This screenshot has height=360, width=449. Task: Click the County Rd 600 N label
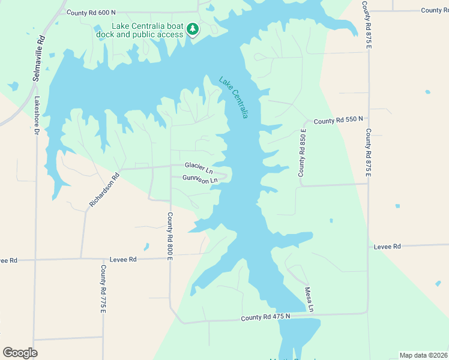coord(91,12)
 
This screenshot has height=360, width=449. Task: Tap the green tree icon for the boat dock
coord(193,29)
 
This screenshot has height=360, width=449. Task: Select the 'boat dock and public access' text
coord(140,34)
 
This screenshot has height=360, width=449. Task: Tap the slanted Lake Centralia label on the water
coord(234,97)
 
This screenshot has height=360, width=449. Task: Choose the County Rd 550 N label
coord(338,121)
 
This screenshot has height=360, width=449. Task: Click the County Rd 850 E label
coord(303,152)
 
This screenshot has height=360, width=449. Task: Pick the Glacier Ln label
coord(199,165)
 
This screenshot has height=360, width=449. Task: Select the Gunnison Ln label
coord(200,179)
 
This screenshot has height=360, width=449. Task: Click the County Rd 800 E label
coord(170,236)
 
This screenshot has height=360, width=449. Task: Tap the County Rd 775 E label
coord(103,289)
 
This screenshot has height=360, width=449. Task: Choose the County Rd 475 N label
coord(265,316)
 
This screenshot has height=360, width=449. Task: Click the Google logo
coord(20,353)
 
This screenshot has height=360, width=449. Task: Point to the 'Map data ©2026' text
coord(424,355)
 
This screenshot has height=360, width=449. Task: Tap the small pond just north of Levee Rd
coord(146,247)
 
